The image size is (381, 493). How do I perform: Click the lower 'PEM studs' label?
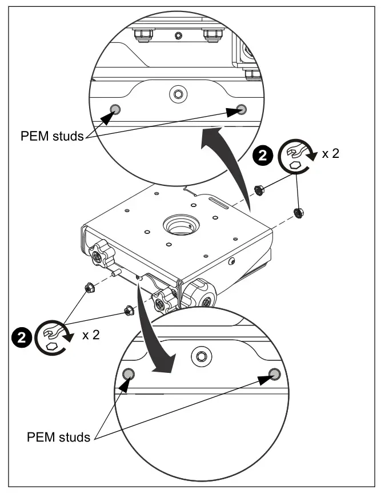coord(58,437)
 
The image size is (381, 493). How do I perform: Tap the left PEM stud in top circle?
coord(115,109)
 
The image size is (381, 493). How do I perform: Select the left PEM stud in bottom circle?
coord(129,374)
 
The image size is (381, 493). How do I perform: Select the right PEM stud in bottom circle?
coord(275,374)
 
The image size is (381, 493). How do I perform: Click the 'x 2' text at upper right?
coord(329,154)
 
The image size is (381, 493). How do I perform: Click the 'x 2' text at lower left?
coord(90,335)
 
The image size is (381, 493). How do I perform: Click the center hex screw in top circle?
coord(178,93)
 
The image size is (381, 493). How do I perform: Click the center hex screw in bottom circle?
coord(201,356)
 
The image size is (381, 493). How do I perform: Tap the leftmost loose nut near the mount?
coord(89,287)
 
